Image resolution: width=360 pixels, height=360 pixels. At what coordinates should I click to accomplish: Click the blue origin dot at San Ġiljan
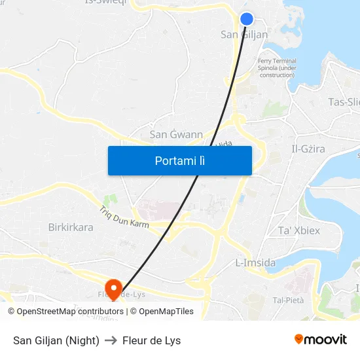point(247,19)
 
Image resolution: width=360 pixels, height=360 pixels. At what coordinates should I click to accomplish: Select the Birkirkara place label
point(71,228)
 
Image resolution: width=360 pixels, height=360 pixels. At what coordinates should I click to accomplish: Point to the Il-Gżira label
point(308,149)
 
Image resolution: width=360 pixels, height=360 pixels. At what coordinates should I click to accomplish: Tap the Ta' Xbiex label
point(299,230)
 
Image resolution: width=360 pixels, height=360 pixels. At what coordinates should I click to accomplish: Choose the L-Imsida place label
point(255,263)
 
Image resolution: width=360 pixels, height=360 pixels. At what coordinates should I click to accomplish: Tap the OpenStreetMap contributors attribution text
point(70,312)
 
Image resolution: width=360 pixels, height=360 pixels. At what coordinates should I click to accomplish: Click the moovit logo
point(321,340)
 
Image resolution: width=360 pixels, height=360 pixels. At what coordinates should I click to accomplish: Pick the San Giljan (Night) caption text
point(56,340)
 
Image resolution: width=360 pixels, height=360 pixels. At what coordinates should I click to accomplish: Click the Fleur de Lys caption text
point(151,340)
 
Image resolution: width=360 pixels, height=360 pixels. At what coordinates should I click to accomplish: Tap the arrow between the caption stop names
point(111,340)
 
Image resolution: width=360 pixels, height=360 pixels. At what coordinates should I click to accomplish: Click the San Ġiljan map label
point(244,35)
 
